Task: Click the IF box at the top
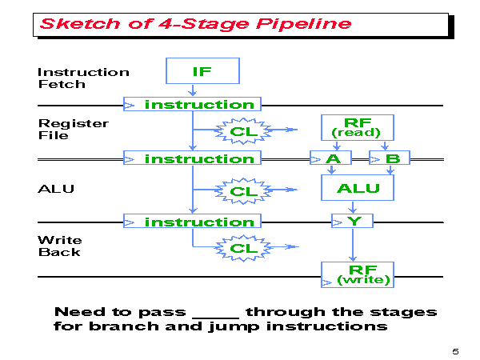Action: [202, 70]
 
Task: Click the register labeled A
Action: [332, 158]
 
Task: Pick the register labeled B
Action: [390, 158]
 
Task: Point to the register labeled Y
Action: [352, 222]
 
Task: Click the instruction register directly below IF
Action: [192, 105]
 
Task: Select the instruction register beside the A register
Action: [192, 158]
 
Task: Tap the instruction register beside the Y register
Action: [192, 222]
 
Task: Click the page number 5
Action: [455, 350]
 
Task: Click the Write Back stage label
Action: [59, 246]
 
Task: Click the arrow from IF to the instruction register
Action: [192, 90]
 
